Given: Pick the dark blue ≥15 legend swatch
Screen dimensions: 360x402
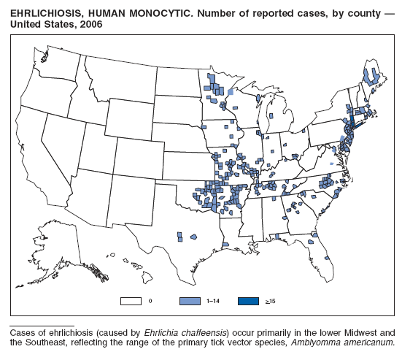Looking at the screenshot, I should point(247,300).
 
